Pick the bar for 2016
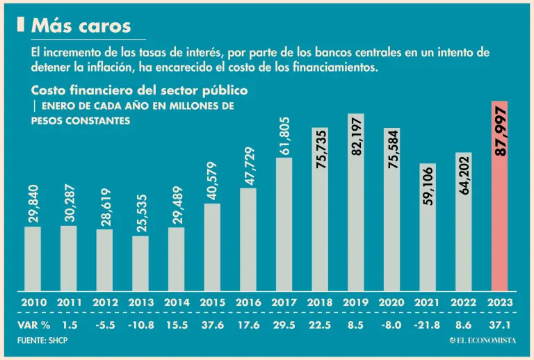[248, 240]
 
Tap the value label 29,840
[33, 204]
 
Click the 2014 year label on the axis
[176, 303]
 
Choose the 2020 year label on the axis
[392, 303]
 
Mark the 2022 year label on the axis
[464, 303]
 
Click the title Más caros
[81, 26]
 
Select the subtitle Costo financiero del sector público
[139, 91]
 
